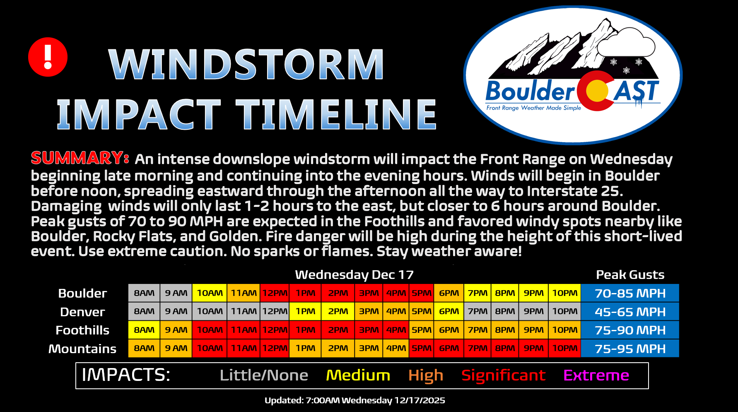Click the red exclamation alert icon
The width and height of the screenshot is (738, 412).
tap(48, 57)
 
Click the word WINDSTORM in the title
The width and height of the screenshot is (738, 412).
tap(246, 64)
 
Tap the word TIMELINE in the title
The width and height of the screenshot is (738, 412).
tap(336, 114)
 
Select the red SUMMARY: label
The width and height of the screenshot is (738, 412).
tap(80, 158)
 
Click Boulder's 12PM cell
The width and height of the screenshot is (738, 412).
tap(275, 293)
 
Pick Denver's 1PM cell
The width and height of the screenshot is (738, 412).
tap(305, 311)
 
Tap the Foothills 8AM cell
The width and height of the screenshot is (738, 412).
tap(144, 330)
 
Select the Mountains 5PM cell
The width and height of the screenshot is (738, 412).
tap(422, 348)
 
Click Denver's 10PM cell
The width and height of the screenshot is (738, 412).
tap(564, 311)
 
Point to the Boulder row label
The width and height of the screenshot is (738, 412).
tap(82, 293)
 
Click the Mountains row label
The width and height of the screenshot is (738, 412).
tap(82, 349)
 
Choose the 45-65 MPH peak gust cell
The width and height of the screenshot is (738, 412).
tap(630, 311)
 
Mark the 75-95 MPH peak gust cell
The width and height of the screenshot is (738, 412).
tap(630, 348)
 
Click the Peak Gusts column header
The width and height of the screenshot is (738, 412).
tap(630, 274)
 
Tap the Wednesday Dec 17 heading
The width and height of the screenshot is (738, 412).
tap(354, 274)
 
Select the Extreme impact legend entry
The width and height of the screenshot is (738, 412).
tap(596, 375)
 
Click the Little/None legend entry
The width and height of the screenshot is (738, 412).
tap(264, 375)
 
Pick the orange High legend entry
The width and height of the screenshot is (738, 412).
tap(426, 376)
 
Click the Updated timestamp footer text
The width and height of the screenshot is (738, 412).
tap(355, 400)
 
